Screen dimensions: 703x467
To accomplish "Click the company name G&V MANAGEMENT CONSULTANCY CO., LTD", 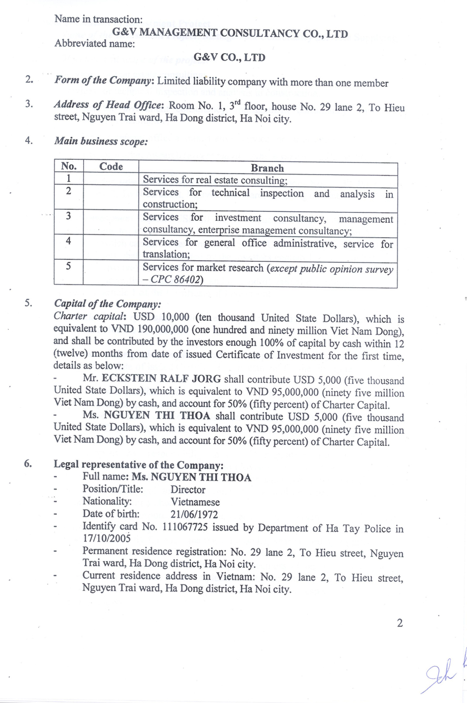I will [x=230, y=34].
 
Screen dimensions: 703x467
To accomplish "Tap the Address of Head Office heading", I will [x=110, y=105].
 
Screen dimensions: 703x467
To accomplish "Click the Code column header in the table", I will [x=111, y=167].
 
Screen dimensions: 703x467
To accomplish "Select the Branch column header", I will [x=267, y=168].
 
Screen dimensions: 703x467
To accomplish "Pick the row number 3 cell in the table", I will [x=68, y=217].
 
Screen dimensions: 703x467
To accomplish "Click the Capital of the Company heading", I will [x=107, y=304].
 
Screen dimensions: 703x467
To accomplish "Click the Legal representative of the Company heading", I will [x=139, y=465].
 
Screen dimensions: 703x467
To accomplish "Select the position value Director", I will [x=188, y=490].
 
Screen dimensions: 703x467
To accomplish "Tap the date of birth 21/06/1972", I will [x=194, y=515].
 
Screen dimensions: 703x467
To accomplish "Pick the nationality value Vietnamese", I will [x=195, y=502].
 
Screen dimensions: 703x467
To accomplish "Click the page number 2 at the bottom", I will [x=400, y=624].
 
